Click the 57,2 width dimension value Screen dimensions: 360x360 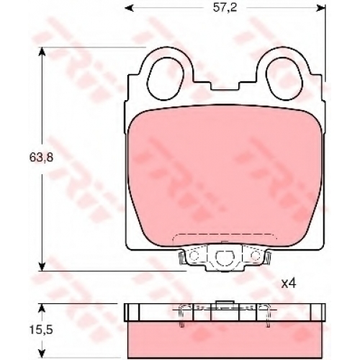coord(225,8)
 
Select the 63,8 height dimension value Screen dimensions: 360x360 coord(41,158)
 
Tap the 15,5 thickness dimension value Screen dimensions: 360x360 coord(41,330)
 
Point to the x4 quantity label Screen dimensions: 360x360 coord(289,284)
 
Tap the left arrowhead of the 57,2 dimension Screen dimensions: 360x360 coord(129,9)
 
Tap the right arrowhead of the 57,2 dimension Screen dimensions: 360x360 coord(321,9)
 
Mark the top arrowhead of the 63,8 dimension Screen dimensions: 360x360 coord(42,51)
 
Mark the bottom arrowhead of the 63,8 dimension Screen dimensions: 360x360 coord(42,266)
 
